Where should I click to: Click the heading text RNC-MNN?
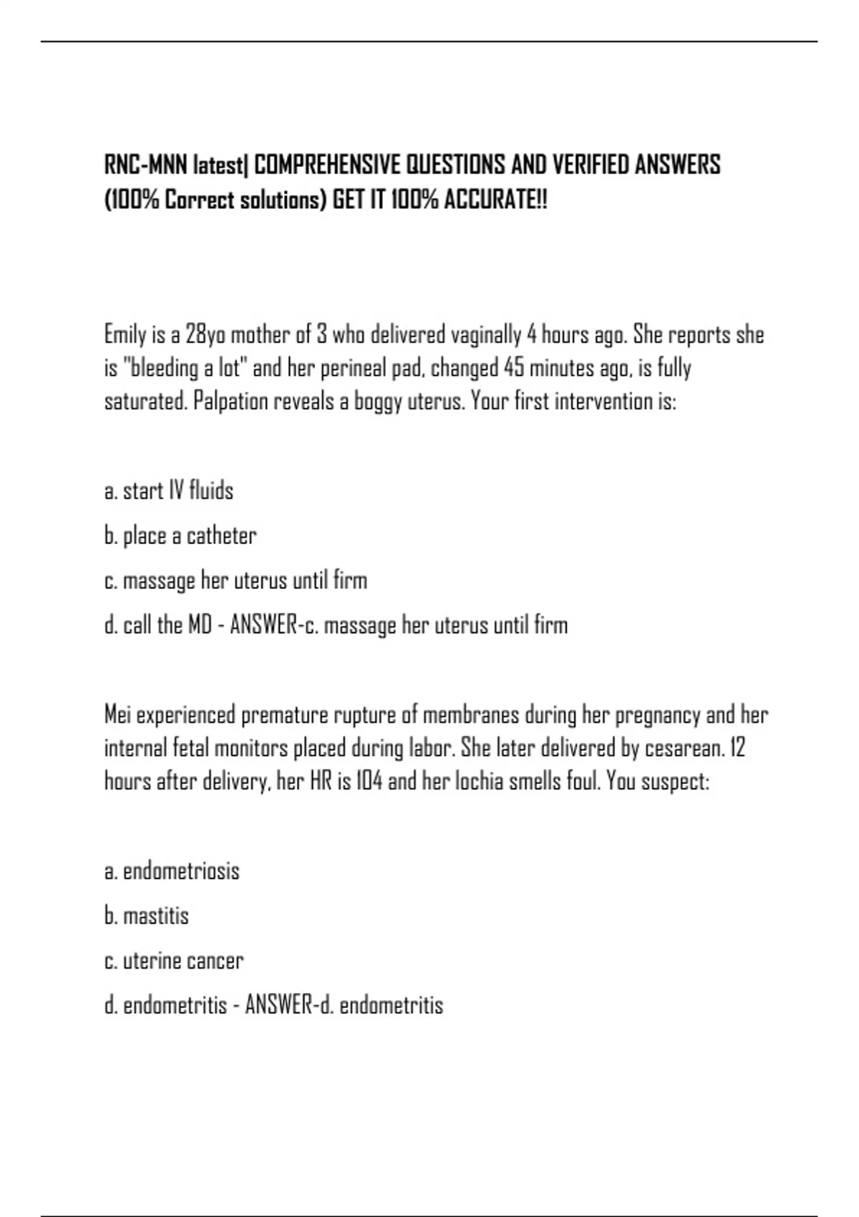tap(146, 165)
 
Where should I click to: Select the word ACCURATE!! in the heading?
tap(495, 200)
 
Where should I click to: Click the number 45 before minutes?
tap(514, 368)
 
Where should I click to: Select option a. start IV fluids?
tap(169, 491)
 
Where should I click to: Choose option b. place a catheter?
tap(180, 535)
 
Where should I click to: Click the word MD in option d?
tap(200, 625)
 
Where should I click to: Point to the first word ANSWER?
tap(263, 625)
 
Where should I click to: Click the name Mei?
tap(117, 714)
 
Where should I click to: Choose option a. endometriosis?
tap(172, 871)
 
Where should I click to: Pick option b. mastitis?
tap(147, 916)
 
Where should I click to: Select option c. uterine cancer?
tap(174, 961)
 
